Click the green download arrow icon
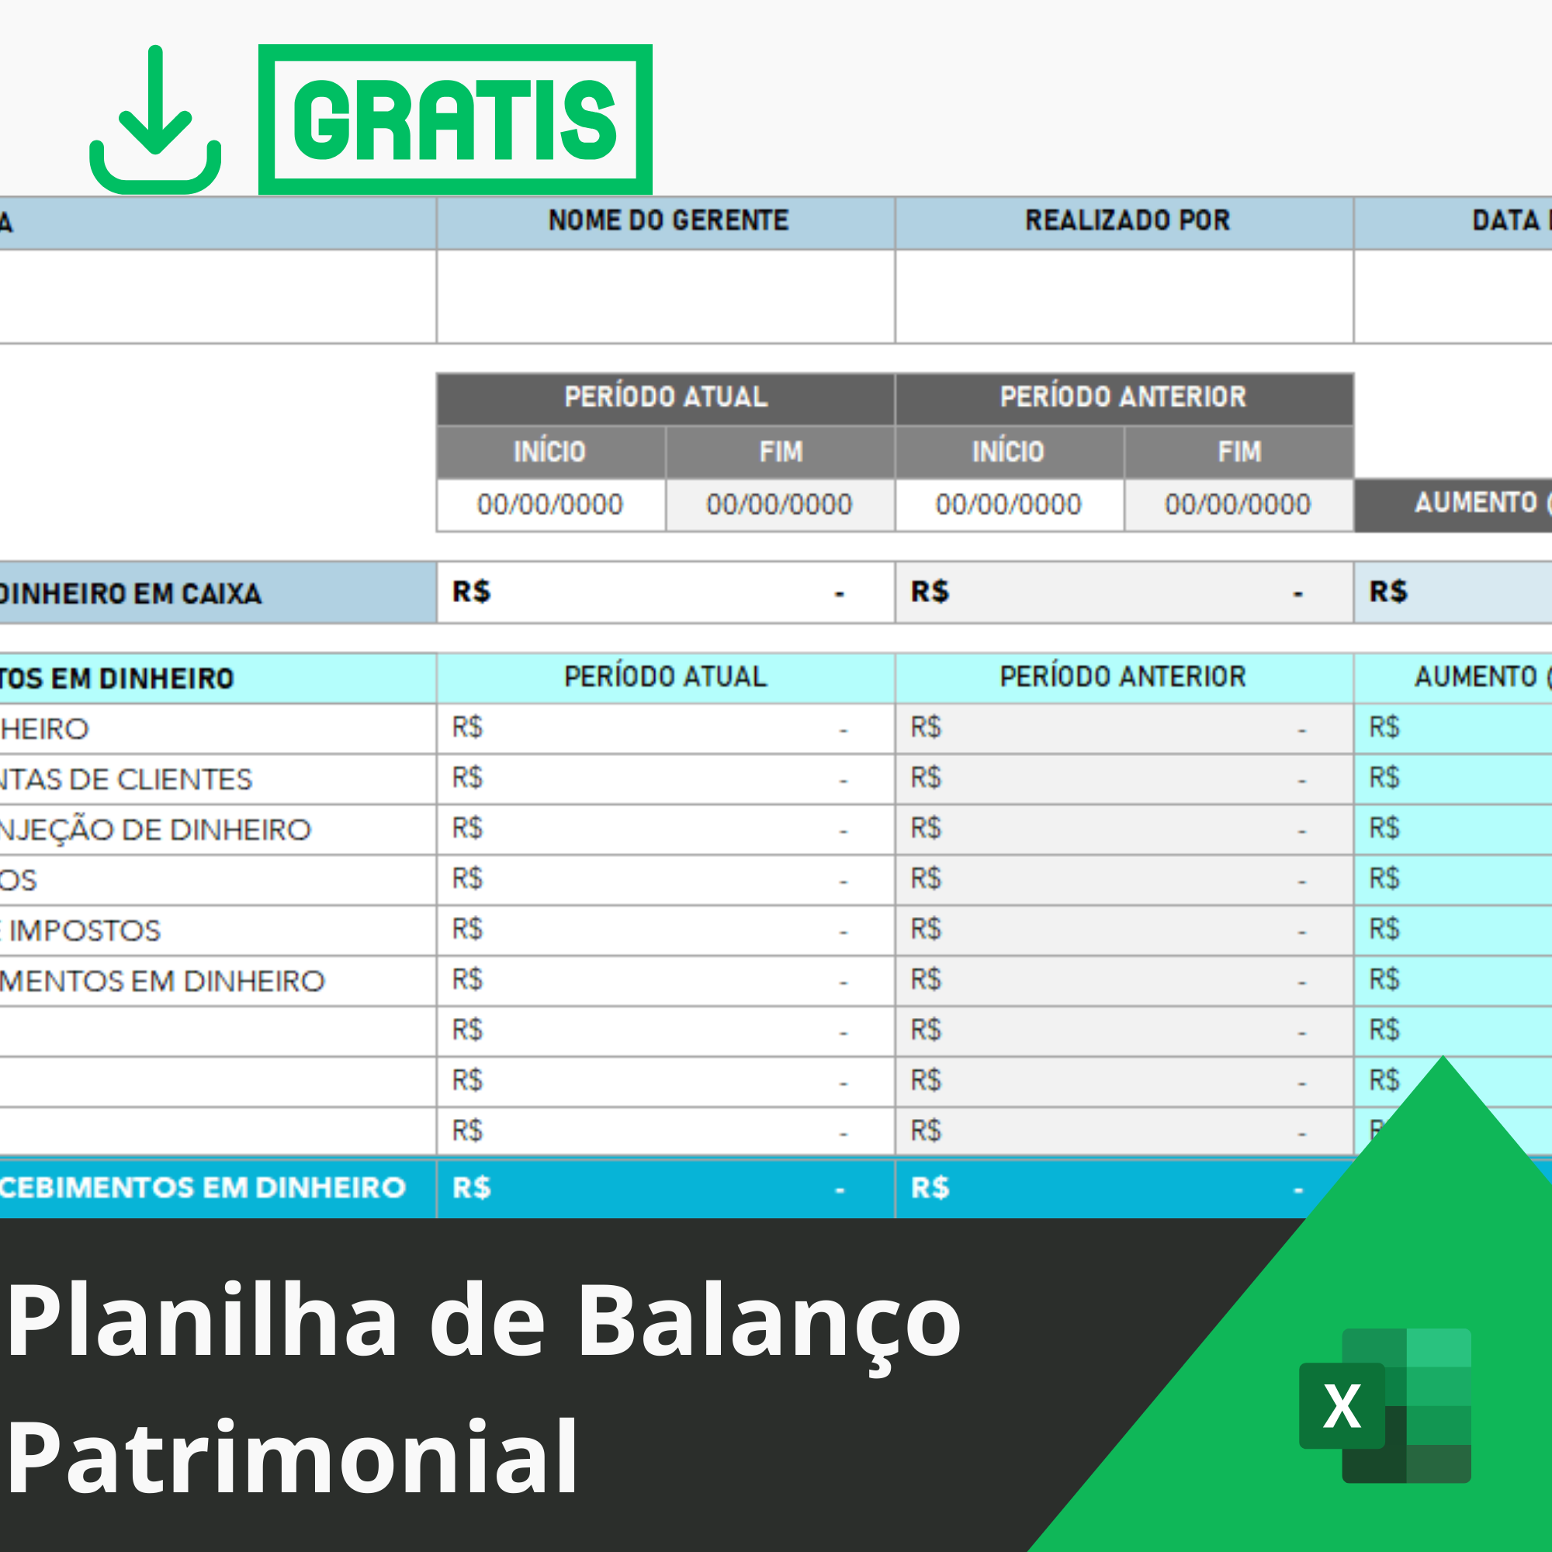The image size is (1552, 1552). (x=155, y=120)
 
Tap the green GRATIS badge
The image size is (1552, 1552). (x=455, y=120)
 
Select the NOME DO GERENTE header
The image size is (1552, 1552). (x=667, y=221)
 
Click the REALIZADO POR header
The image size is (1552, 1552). (x=1127, y=221)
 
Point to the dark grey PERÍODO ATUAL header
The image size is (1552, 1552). (x=665, y=397)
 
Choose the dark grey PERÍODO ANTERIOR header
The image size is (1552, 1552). (x=1123, y=397)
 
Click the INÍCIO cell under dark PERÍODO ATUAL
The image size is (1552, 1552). (x=550, y=452)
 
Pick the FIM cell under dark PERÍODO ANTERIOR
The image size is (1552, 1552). (x=1238, y=452)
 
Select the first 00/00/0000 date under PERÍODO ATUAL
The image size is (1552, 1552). (x=550, y=504)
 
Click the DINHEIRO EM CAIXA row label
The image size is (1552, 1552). (x=131, y=594)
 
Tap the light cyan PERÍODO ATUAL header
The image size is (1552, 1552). (x=665, y=677)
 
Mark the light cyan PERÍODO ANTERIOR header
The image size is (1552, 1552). (x=1123, y=677)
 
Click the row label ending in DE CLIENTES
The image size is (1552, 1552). (x=126, y=779)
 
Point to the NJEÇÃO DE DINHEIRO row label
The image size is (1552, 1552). (x=155, y=830)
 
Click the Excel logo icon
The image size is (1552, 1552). (x=1384, y=1406)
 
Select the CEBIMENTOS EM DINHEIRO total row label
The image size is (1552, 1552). (x=203, y=1188)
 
